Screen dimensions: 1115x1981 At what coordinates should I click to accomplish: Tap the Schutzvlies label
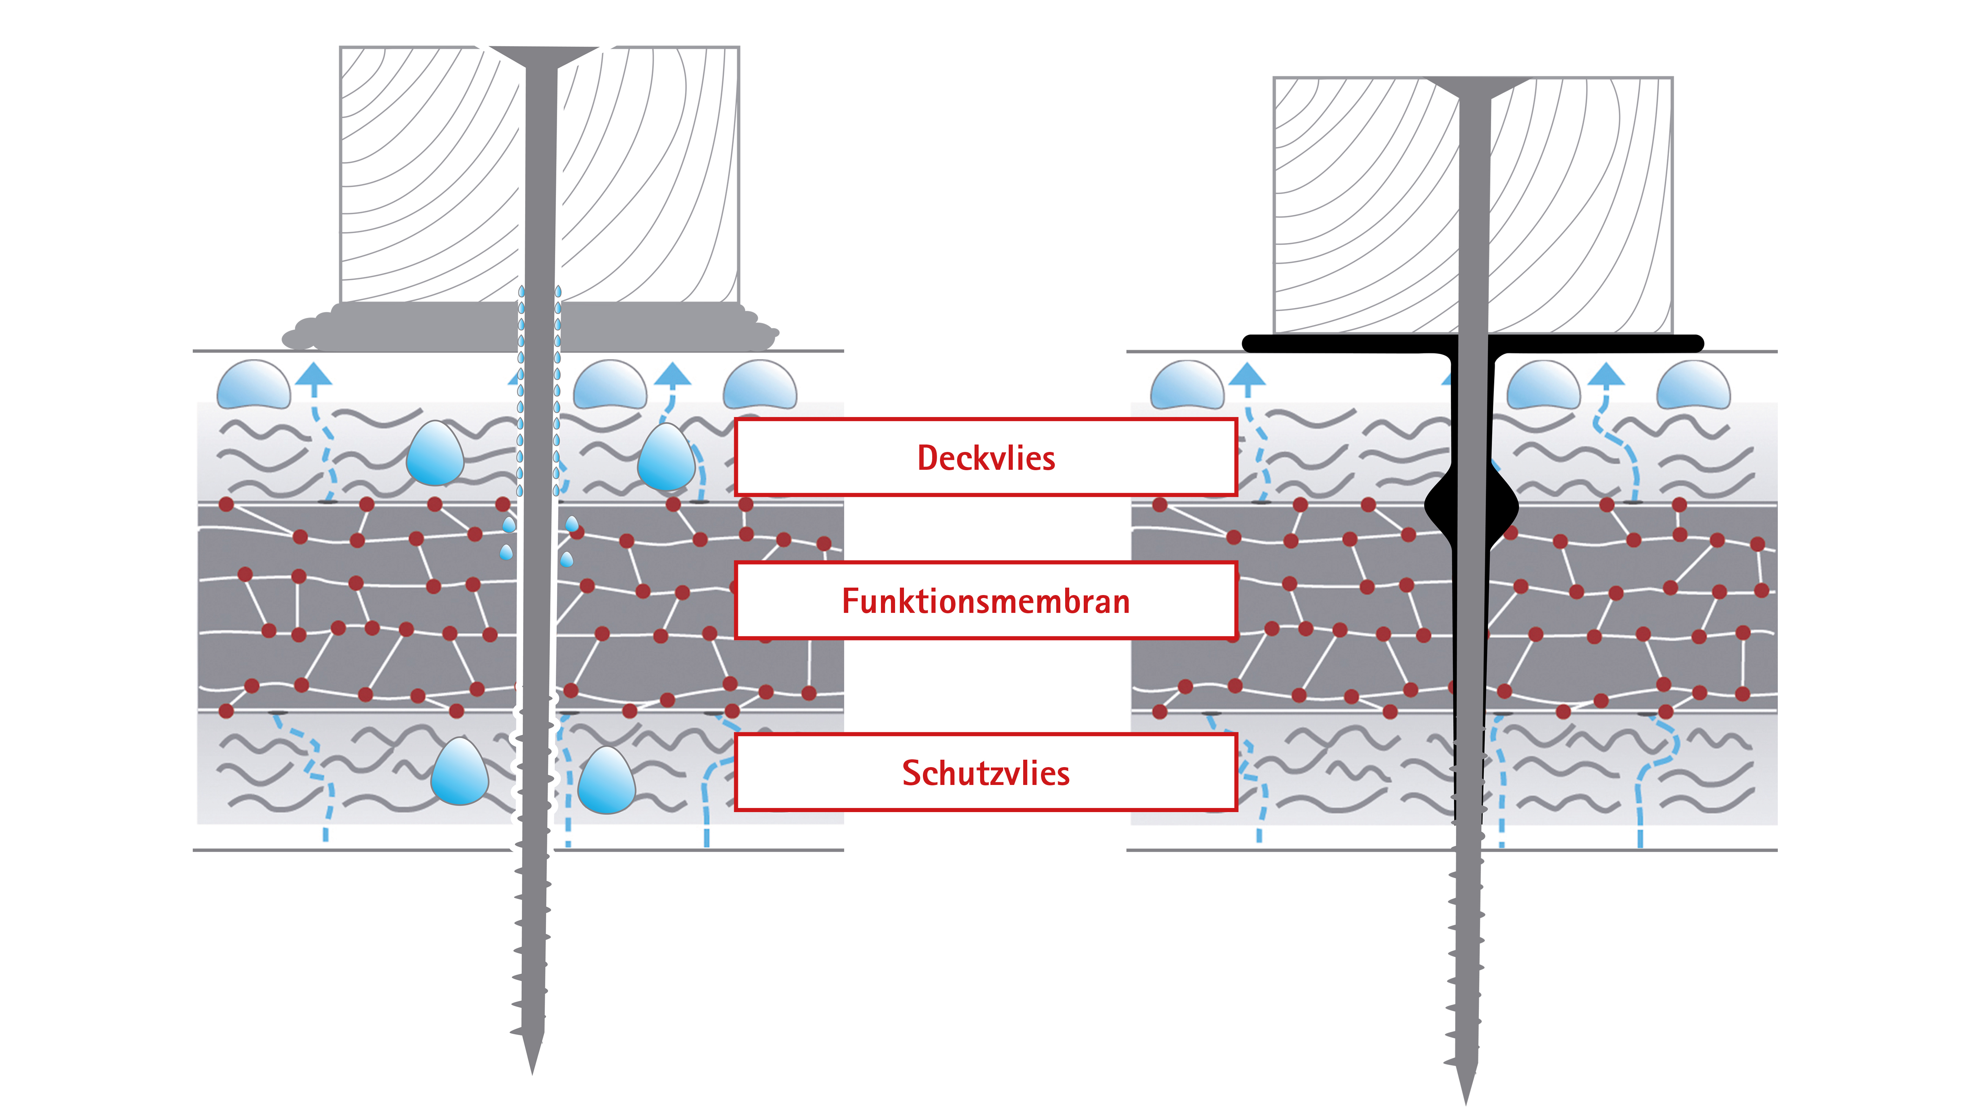(x=986, y=773)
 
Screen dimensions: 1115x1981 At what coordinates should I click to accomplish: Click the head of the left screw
(x=543, y=55)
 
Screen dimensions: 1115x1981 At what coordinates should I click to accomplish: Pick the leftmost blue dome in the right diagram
(x=1187, y=385)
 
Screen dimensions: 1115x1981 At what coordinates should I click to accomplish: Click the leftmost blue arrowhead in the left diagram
(x=314, y=375)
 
